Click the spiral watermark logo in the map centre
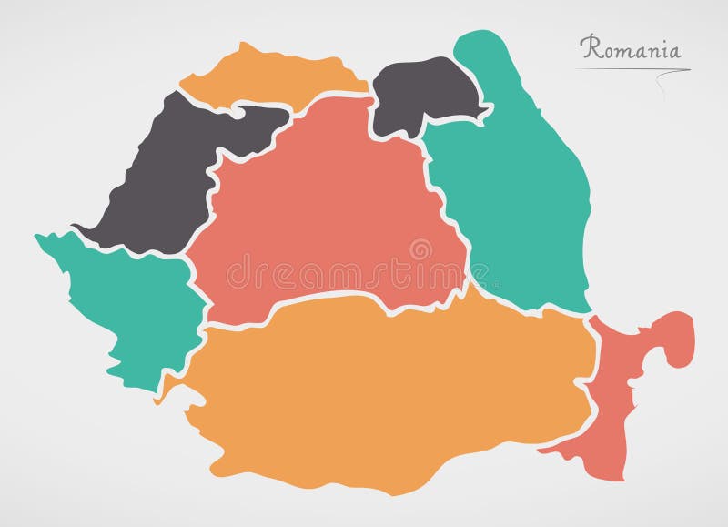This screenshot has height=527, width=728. tap(420, 249)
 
